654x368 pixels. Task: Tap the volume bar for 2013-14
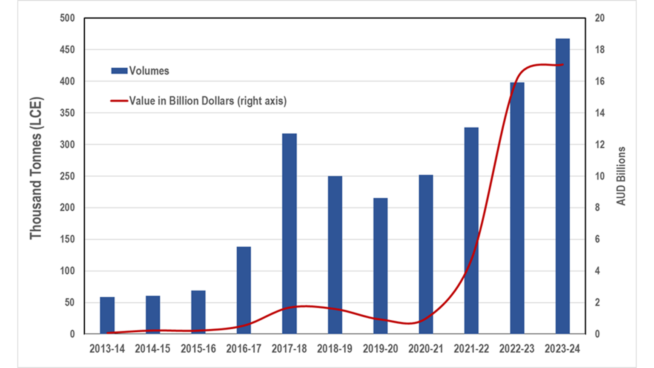107,315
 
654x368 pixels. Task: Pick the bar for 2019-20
381,266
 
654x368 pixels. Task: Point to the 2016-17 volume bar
244,290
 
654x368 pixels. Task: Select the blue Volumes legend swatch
119,71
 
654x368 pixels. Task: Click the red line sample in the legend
119,101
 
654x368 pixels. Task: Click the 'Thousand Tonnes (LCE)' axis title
36,168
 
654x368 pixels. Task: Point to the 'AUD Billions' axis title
621,176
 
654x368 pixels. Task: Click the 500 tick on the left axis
67,18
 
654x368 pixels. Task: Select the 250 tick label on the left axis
67,176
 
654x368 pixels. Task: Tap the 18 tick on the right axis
599,49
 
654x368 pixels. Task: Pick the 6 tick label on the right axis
597,239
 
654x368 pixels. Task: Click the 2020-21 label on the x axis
426,349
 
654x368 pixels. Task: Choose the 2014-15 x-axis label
152,349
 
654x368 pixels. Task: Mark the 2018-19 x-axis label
335,349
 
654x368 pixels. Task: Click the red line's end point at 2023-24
563,65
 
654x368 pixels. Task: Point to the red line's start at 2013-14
107,333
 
